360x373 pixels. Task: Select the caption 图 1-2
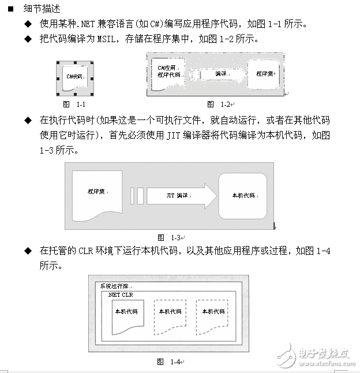pyautogui.click(x=219, y=104)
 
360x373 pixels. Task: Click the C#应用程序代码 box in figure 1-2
pyautogui.click(x=169, y=74)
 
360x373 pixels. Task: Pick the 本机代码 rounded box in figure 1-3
pyautogui.click(x=242, y=195)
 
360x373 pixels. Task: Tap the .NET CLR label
pyautogui.click(x=120, y=294)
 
